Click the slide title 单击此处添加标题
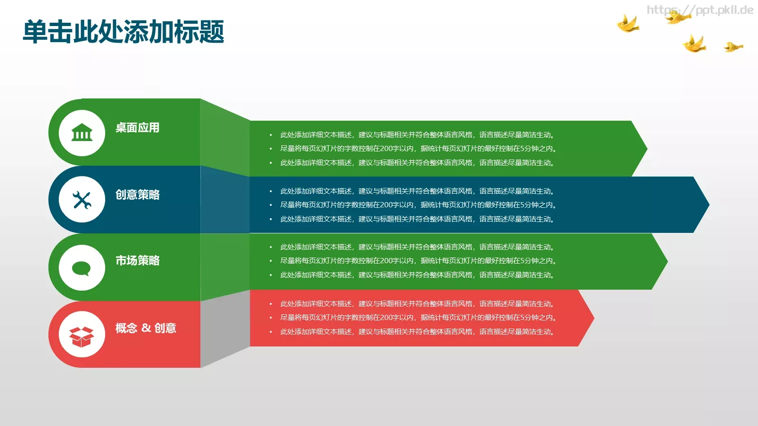point(123,32)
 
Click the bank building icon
point(82,133)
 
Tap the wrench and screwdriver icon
point(82,200)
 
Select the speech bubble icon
point(81,268)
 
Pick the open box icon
point(82,335)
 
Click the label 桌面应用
point(137,128)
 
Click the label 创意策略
point(137,195)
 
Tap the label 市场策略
point(137,260)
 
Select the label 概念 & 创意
point(145,328)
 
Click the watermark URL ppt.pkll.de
point(700,10)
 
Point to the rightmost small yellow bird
point(733,46)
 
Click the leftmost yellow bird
point(628,24)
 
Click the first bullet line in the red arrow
point(417,304)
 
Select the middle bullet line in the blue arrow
point(418,205)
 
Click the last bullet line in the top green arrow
point(417,163)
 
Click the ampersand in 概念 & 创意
point(146,328)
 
